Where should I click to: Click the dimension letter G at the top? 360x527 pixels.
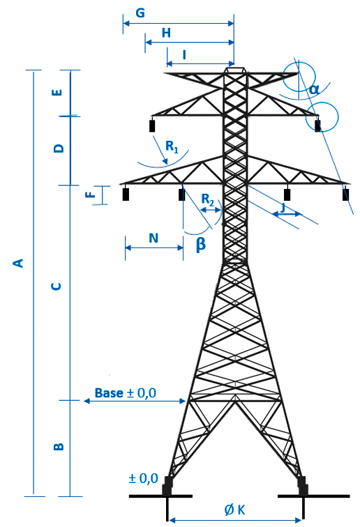pyautogui.click(x=140, y=13)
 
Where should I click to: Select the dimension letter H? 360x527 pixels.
pyautogui.click(x=166, y=33)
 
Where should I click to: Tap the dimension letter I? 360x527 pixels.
pyautogui.click(x=184, y=54)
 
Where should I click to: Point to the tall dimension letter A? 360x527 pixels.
pyautogui.click(x=19, y=263)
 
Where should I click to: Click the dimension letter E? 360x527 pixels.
pyautogui.click(x=58, y=92)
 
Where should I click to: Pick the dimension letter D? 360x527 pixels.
pyautogui.click(x=59, y=148)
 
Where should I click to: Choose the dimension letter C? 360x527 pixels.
pyautogui.click(x=57, y=286)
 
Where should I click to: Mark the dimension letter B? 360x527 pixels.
pyautogui.click(x=59, y=446)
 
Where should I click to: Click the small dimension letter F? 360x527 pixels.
pyautogui.click(x=91, y=194)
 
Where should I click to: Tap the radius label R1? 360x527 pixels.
pyautogui.click(x=172, y=147)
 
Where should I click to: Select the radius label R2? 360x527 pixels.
pyautogui.click(x=208, y=200)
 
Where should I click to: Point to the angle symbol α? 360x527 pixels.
pyautogui.click(x=314, y=89)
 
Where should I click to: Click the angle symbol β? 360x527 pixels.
pyautogui.click(x=200, y=245)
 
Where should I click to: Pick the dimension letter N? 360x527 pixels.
pyautogui.click(x=153, y=238)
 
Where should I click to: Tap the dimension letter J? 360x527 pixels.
pyautogui.click(x=283, y=208)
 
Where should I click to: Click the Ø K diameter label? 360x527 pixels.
pyautogui.click(x=235, y=510)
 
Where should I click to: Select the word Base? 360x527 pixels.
pyautogui.click(x=109, y=393)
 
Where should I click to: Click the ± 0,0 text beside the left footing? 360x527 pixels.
pyautogui.click(x=143, y=478)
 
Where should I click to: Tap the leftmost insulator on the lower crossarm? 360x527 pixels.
pyautogui.click(x=126, y=194)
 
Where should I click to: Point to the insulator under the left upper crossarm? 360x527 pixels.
pyautogui.click(x=152, y=125)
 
